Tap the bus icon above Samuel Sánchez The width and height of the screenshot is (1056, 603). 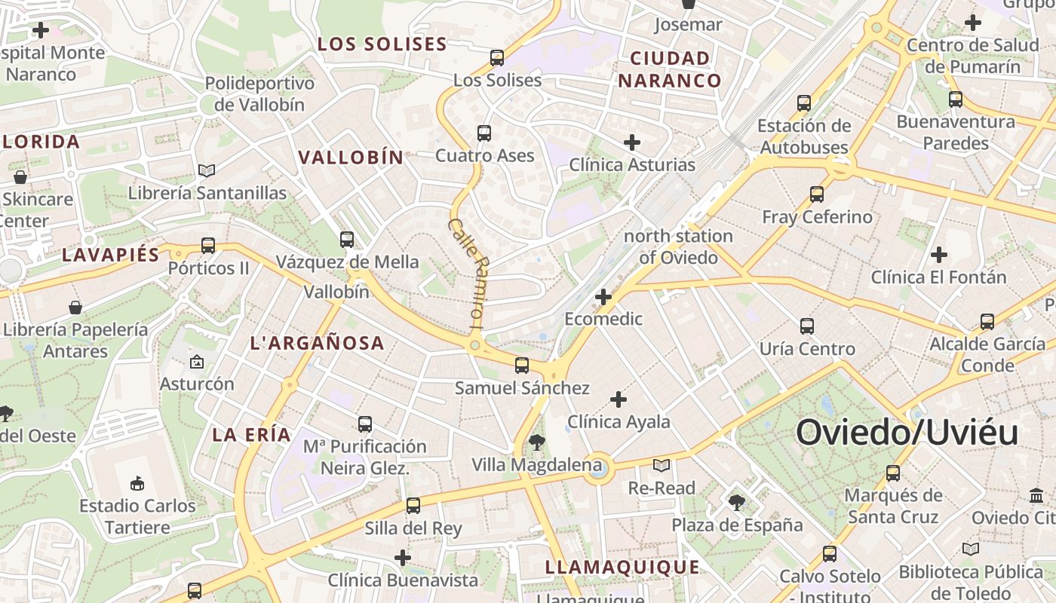point(521,366)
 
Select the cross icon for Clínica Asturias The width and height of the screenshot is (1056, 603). point(632,142)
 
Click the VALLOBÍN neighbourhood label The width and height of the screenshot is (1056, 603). point(351,158)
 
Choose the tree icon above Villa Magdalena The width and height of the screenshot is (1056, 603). point(537,442)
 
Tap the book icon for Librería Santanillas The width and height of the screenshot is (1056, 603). point(206,171)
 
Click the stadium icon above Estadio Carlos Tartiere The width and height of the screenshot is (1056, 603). point(137,483)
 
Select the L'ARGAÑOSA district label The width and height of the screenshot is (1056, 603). point(317,344)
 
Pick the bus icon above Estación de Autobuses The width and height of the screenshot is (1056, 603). point(804,103)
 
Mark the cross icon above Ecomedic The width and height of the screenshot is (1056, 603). point(603,297)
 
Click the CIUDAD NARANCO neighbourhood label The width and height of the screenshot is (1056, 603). point(670,69)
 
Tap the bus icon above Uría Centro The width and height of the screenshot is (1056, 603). point(807,326)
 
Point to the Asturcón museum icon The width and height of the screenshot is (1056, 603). point(197,362)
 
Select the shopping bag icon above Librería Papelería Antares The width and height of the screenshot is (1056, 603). point(75,308)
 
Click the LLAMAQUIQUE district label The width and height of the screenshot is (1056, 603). point(622,568)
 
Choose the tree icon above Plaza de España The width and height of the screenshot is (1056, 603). point(736,502)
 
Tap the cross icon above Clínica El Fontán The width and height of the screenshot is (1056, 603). point(938,255)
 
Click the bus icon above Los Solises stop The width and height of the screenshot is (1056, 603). point(497,57)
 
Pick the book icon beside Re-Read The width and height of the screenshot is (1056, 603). point(662,465)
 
